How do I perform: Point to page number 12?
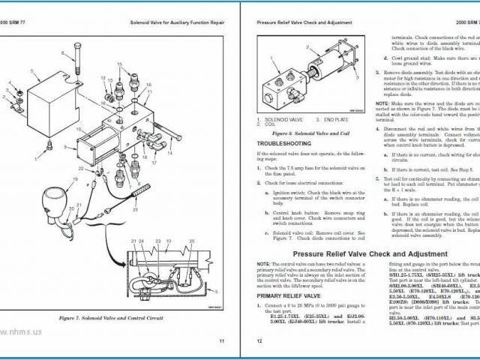(x=259, y=341)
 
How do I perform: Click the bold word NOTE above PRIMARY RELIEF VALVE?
(x=262, y=265)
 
